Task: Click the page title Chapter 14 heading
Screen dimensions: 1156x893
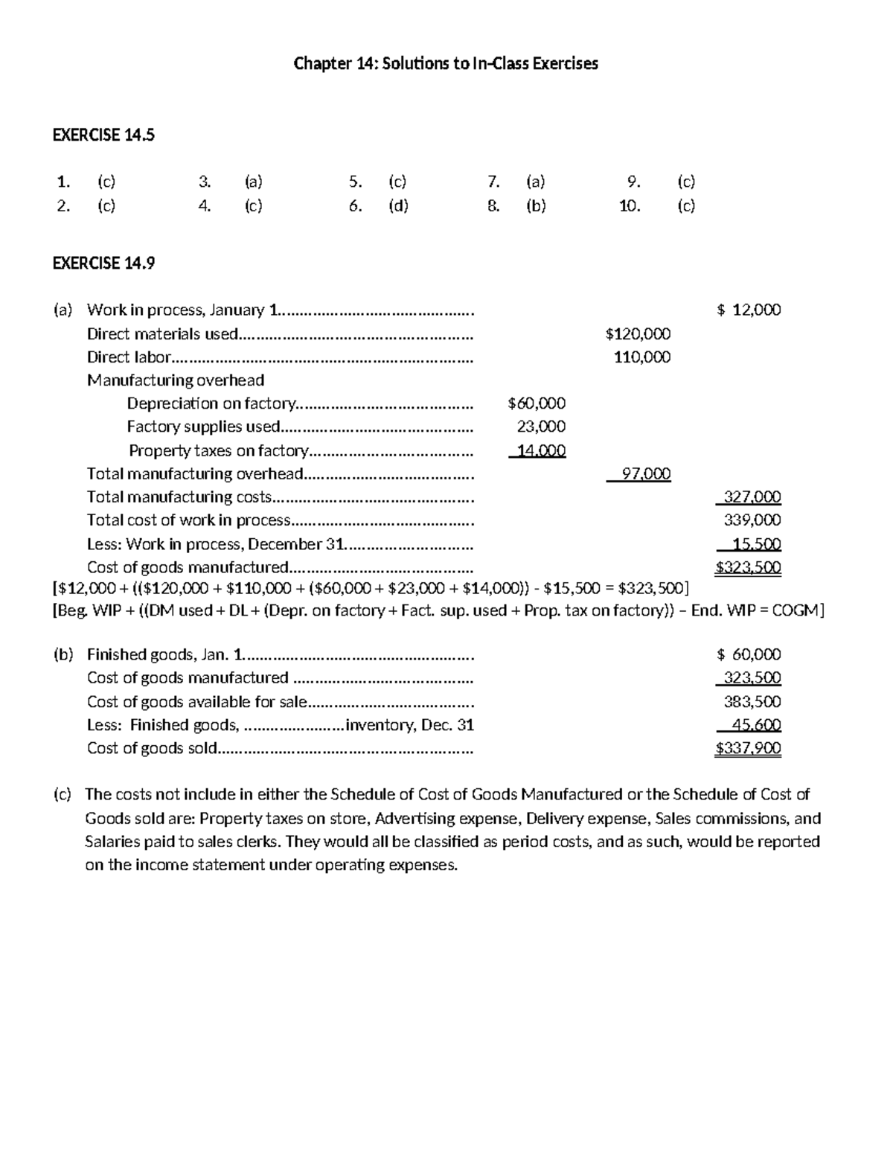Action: pyautogui.click(x=446, y=64)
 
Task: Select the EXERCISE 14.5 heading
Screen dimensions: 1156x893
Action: pyautogui.click(x=103, y=135)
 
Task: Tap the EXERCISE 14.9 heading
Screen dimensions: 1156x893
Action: pyautogui.click(x=103, y=263)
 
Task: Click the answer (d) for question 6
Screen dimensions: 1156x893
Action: pyautogui.click(x=398, y=206)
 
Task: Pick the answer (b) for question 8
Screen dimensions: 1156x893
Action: pyautogui.click(x=536, y=206)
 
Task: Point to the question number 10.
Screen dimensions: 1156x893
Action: pyautogui.click(x=630, y=206)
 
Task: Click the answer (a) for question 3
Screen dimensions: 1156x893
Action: pyautogui.click(x=253, y=182)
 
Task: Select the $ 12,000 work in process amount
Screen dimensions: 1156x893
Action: pyautogui.click(x=749, y=310)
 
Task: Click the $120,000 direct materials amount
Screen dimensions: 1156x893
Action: pyautogui.click(x=638, y=334)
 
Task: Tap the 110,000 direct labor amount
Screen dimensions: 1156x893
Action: pyautogui.click(x=641, y=357)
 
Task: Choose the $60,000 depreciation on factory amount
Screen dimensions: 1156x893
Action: pyautogui.click(x=536, y=403)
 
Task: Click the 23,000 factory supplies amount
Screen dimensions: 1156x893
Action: pyautogui.click(x=541, y=427)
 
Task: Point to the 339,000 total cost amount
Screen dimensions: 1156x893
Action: pyautogui.click(x=752, y=520)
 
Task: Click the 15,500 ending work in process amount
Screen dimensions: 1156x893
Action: pyautogui.click(x=756, y=544)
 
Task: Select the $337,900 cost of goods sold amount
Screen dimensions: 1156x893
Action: pyautogui.click(x=748, y=748)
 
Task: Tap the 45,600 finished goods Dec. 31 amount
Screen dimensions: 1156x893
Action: pyautogui.click(x=756, y=725)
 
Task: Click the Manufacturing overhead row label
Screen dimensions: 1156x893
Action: pyautogui.click(x=176, y=380)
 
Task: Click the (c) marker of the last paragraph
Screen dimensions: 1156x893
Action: pyautogui.click(x=62, y=794)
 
